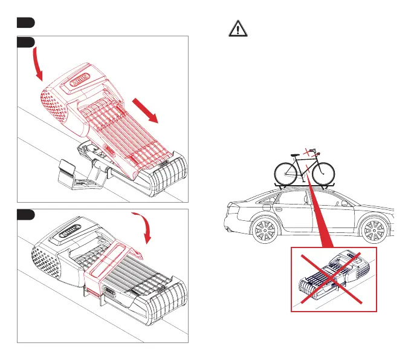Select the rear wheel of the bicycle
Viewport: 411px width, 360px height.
(x=286, y=172)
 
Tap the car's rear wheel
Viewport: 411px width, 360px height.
(x=261, y=232)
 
